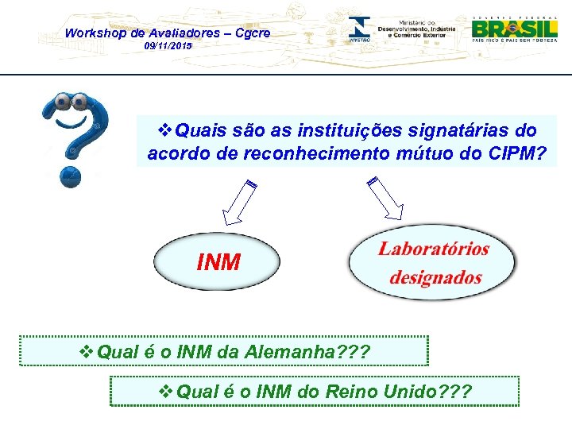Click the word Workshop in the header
coord(94,33)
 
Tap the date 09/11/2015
coord(168,47)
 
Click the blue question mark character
coord(75,135)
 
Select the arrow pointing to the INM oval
coord(237,204)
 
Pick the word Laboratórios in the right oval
coord(434,249)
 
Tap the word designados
coord(435,277)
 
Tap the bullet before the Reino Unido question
coord(167,392)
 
